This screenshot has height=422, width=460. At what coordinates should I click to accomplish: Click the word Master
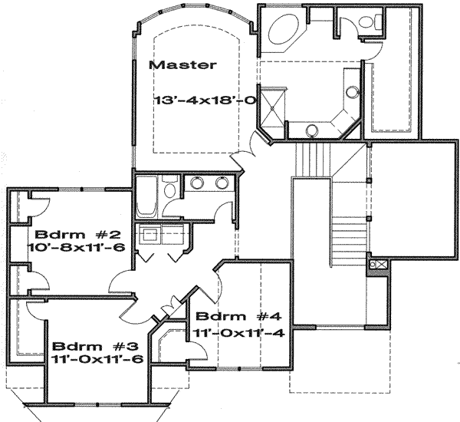point(182,65)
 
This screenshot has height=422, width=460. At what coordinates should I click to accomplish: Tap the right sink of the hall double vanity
point(222,183)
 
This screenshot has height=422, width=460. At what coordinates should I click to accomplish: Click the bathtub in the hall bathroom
point(146,196)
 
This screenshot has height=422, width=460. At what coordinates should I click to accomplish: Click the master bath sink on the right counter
point(351,92)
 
